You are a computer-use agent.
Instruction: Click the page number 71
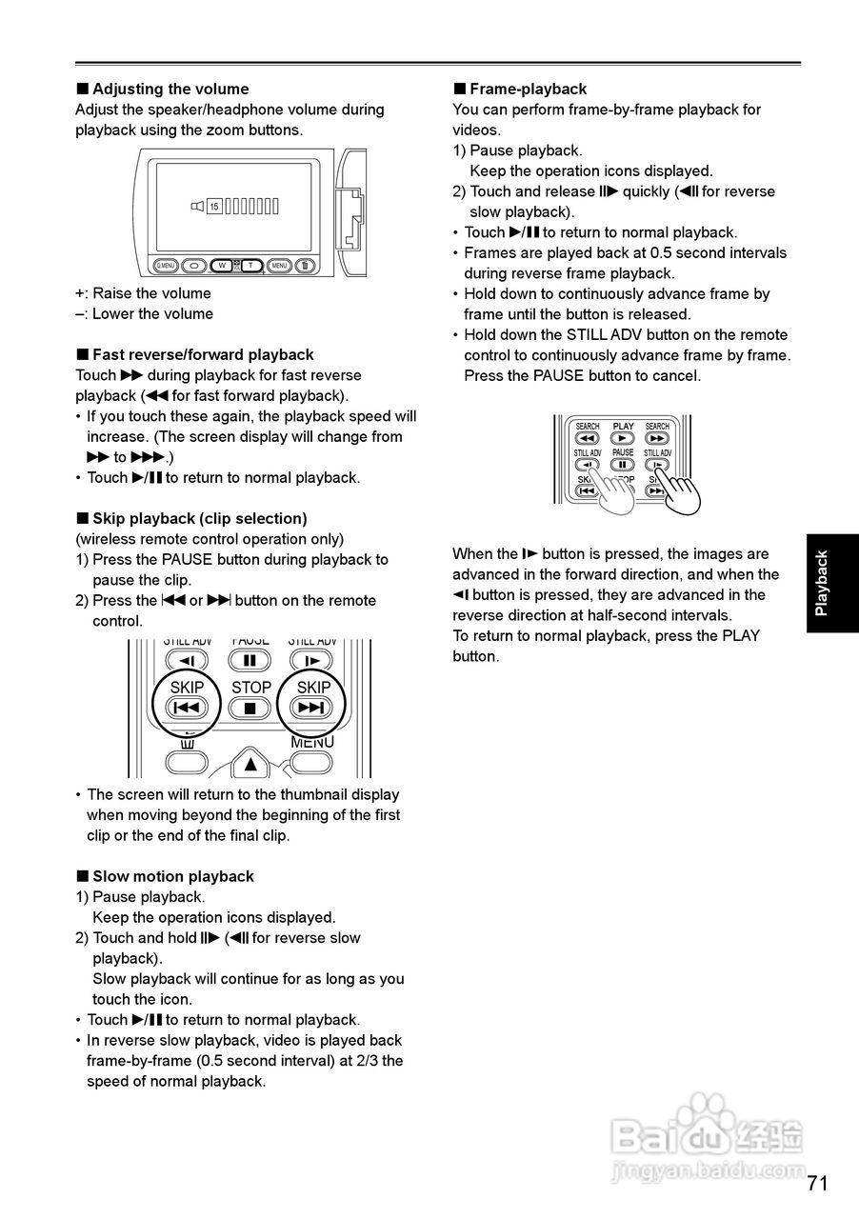point(817,1183)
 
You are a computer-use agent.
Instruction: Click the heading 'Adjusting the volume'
point(170,89)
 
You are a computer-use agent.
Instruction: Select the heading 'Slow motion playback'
point(172,876)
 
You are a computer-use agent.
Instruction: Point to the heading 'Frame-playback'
point(528,89)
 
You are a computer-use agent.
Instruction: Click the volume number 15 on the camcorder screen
point(214,206)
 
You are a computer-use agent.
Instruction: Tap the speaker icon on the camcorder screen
point(197,206)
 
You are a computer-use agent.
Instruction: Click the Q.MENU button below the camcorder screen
point(166,266)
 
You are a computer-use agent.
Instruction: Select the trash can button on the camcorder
point(306,266)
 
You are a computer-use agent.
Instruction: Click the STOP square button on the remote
point(250,708)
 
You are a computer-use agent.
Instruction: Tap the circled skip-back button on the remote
point(187,708)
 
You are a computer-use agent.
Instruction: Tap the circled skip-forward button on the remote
point(312,708)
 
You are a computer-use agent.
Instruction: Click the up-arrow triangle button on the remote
point(250,764)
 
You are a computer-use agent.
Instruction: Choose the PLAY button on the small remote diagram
point(623,438)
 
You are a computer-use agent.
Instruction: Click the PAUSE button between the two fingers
point(623,465)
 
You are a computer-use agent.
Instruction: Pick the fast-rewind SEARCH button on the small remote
point(588,438)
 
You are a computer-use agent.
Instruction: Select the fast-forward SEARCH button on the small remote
point(657,438)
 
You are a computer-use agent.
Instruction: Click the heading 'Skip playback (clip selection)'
point(199,518)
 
